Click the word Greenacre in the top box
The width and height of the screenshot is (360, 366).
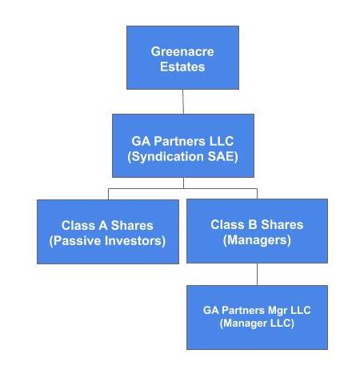coord(182,51)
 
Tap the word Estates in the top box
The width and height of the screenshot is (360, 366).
coord(182,66)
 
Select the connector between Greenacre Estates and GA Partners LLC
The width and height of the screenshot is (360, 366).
coord(183,102)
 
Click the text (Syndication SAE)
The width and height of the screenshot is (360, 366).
coord(182,157)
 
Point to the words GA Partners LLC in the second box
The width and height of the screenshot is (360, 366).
coord(182,141)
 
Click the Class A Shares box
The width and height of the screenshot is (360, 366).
coord(108,231)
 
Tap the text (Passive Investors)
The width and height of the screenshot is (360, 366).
coord(107,241)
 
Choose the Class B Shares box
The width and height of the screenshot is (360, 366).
coord(257,231)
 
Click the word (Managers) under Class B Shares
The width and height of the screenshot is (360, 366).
coord(257,240)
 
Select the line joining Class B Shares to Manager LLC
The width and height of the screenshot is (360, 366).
coord(257,274)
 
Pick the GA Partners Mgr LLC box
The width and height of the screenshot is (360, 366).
coord(257,317)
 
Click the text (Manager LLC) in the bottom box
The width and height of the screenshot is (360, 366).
coord(257,324)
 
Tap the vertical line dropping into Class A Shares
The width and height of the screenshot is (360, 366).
coord(108,194)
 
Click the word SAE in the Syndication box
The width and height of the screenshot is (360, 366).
coord(222,157)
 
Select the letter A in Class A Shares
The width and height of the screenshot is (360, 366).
coord(103,225)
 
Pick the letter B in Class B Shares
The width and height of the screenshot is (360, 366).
coord(252,224)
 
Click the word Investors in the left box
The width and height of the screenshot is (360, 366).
coord(135,241)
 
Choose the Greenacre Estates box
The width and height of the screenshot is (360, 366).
coord(182,58)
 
